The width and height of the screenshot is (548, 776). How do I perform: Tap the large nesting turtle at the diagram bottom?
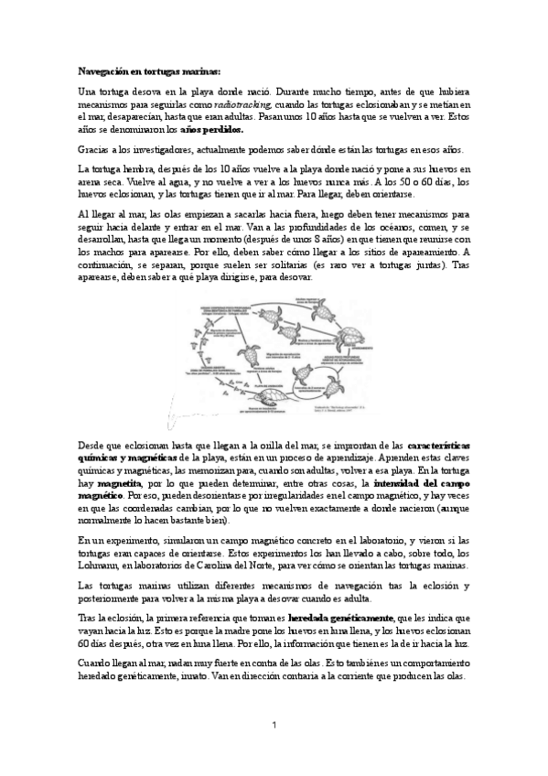(x=265, y=397)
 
